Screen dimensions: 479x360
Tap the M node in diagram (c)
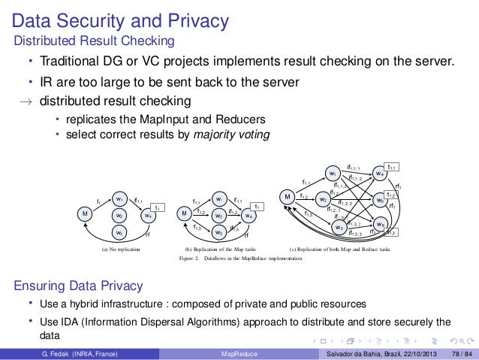click(x=287, y=198)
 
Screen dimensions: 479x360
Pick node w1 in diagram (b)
click(x=218, y=199)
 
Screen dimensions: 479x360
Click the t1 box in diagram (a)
click(x=158, y=207)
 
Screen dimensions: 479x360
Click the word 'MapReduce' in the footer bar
click(x=239, y=353)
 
